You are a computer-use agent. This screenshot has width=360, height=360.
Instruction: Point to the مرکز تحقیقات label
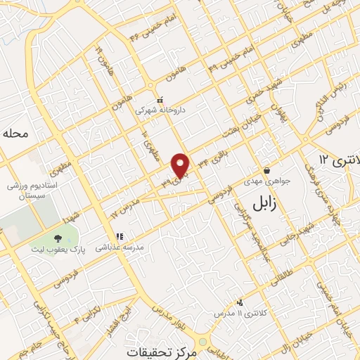pyautogui.click(x=162, y=350)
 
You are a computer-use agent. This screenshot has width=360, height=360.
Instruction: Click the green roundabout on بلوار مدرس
pyautogui.click(x=202, y=342)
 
